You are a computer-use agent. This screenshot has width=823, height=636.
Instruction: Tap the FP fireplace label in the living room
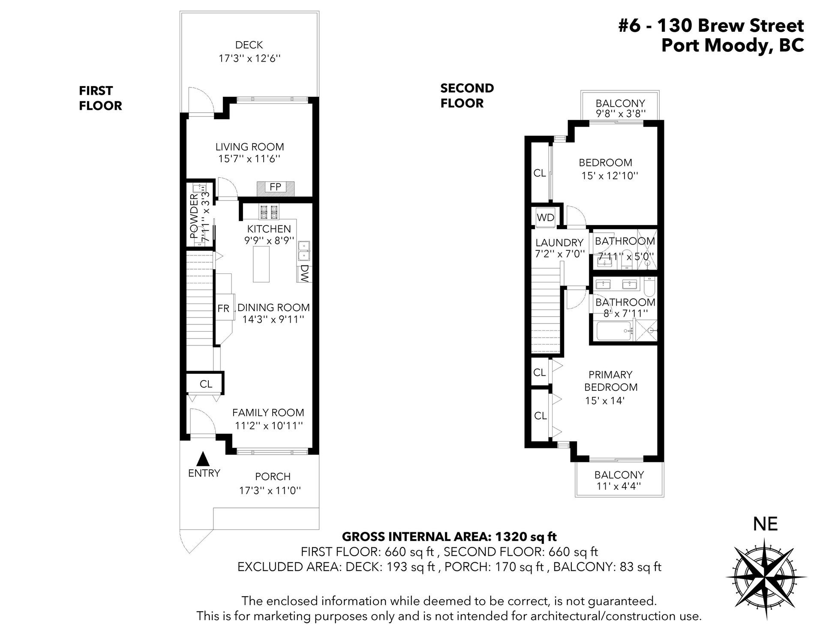pos(276,187)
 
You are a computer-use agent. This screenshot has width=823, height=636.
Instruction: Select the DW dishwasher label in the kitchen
pos(305,273)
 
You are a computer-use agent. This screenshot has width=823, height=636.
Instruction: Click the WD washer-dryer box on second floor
pos(545,217)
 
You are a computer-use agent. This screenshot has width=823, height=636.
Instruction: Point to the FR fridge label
pos(223,308)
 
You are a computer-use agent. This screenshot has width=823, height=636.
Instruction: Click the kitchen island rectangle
pos(261,264)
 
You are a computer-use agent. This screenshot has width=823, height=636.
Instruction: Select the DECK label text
pos(249,45)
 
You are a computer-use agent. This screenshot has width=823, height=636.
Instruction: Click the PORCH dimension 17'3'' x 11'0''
pos(270,490)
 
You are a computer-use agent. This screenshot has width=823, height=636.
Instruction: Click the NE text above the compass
pos(766,524)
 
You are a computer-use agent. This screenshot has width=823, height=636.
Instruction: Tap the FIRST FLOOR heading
pos(101,98)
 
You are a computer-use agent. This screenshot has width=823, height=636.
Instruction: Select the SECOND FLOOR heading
pos(467,96)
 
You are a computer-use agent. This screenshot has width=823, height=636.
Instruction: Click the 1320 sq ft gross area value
pos(526,536)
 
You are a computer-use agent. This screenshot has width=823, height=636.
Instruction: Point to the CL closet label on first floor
pos(206,384)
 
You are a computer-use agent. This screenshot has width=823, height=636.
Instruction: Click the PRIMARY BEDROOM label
pos(610,381)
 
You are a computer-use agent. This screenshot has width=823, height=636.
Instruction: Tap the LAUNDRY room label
pos(559,243)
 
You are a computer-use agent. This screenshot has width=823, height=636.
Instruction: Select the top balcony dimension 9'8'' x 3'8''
pos(620,114)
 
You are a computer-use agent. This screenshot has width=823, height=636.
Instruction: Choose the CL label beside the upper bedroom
pos(540,173)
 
